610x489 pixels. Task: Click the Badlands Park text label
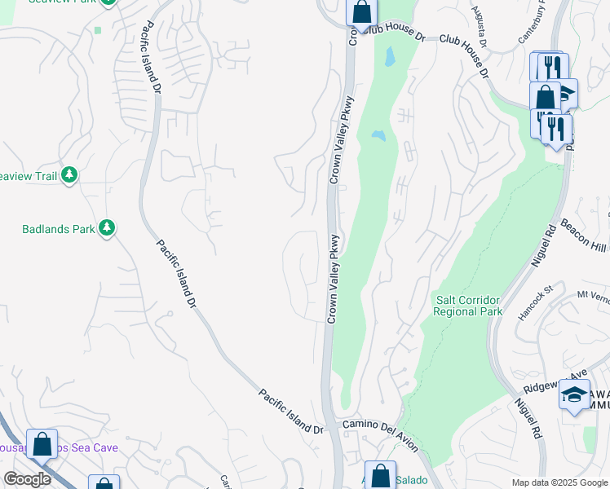point(58,229)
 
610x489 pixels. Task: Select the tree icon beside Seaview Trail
point(70,174)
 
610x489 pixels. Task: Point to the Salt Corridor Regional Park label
point(466,306)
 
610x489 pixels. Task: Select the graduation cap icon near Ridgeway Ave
point(574,396)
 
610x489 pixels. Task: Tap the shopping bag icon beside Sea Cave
point(42,444)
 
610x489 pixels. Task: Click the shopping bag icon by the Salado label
point(380,475)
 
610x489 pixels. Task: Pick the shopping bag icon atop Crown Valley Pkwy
point(361,12)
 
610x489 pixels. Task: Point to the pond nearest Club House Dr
point(388,56)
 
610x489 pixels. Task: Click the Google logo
point(27,479)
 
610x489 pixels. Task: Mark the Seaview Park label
point(61,2)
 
